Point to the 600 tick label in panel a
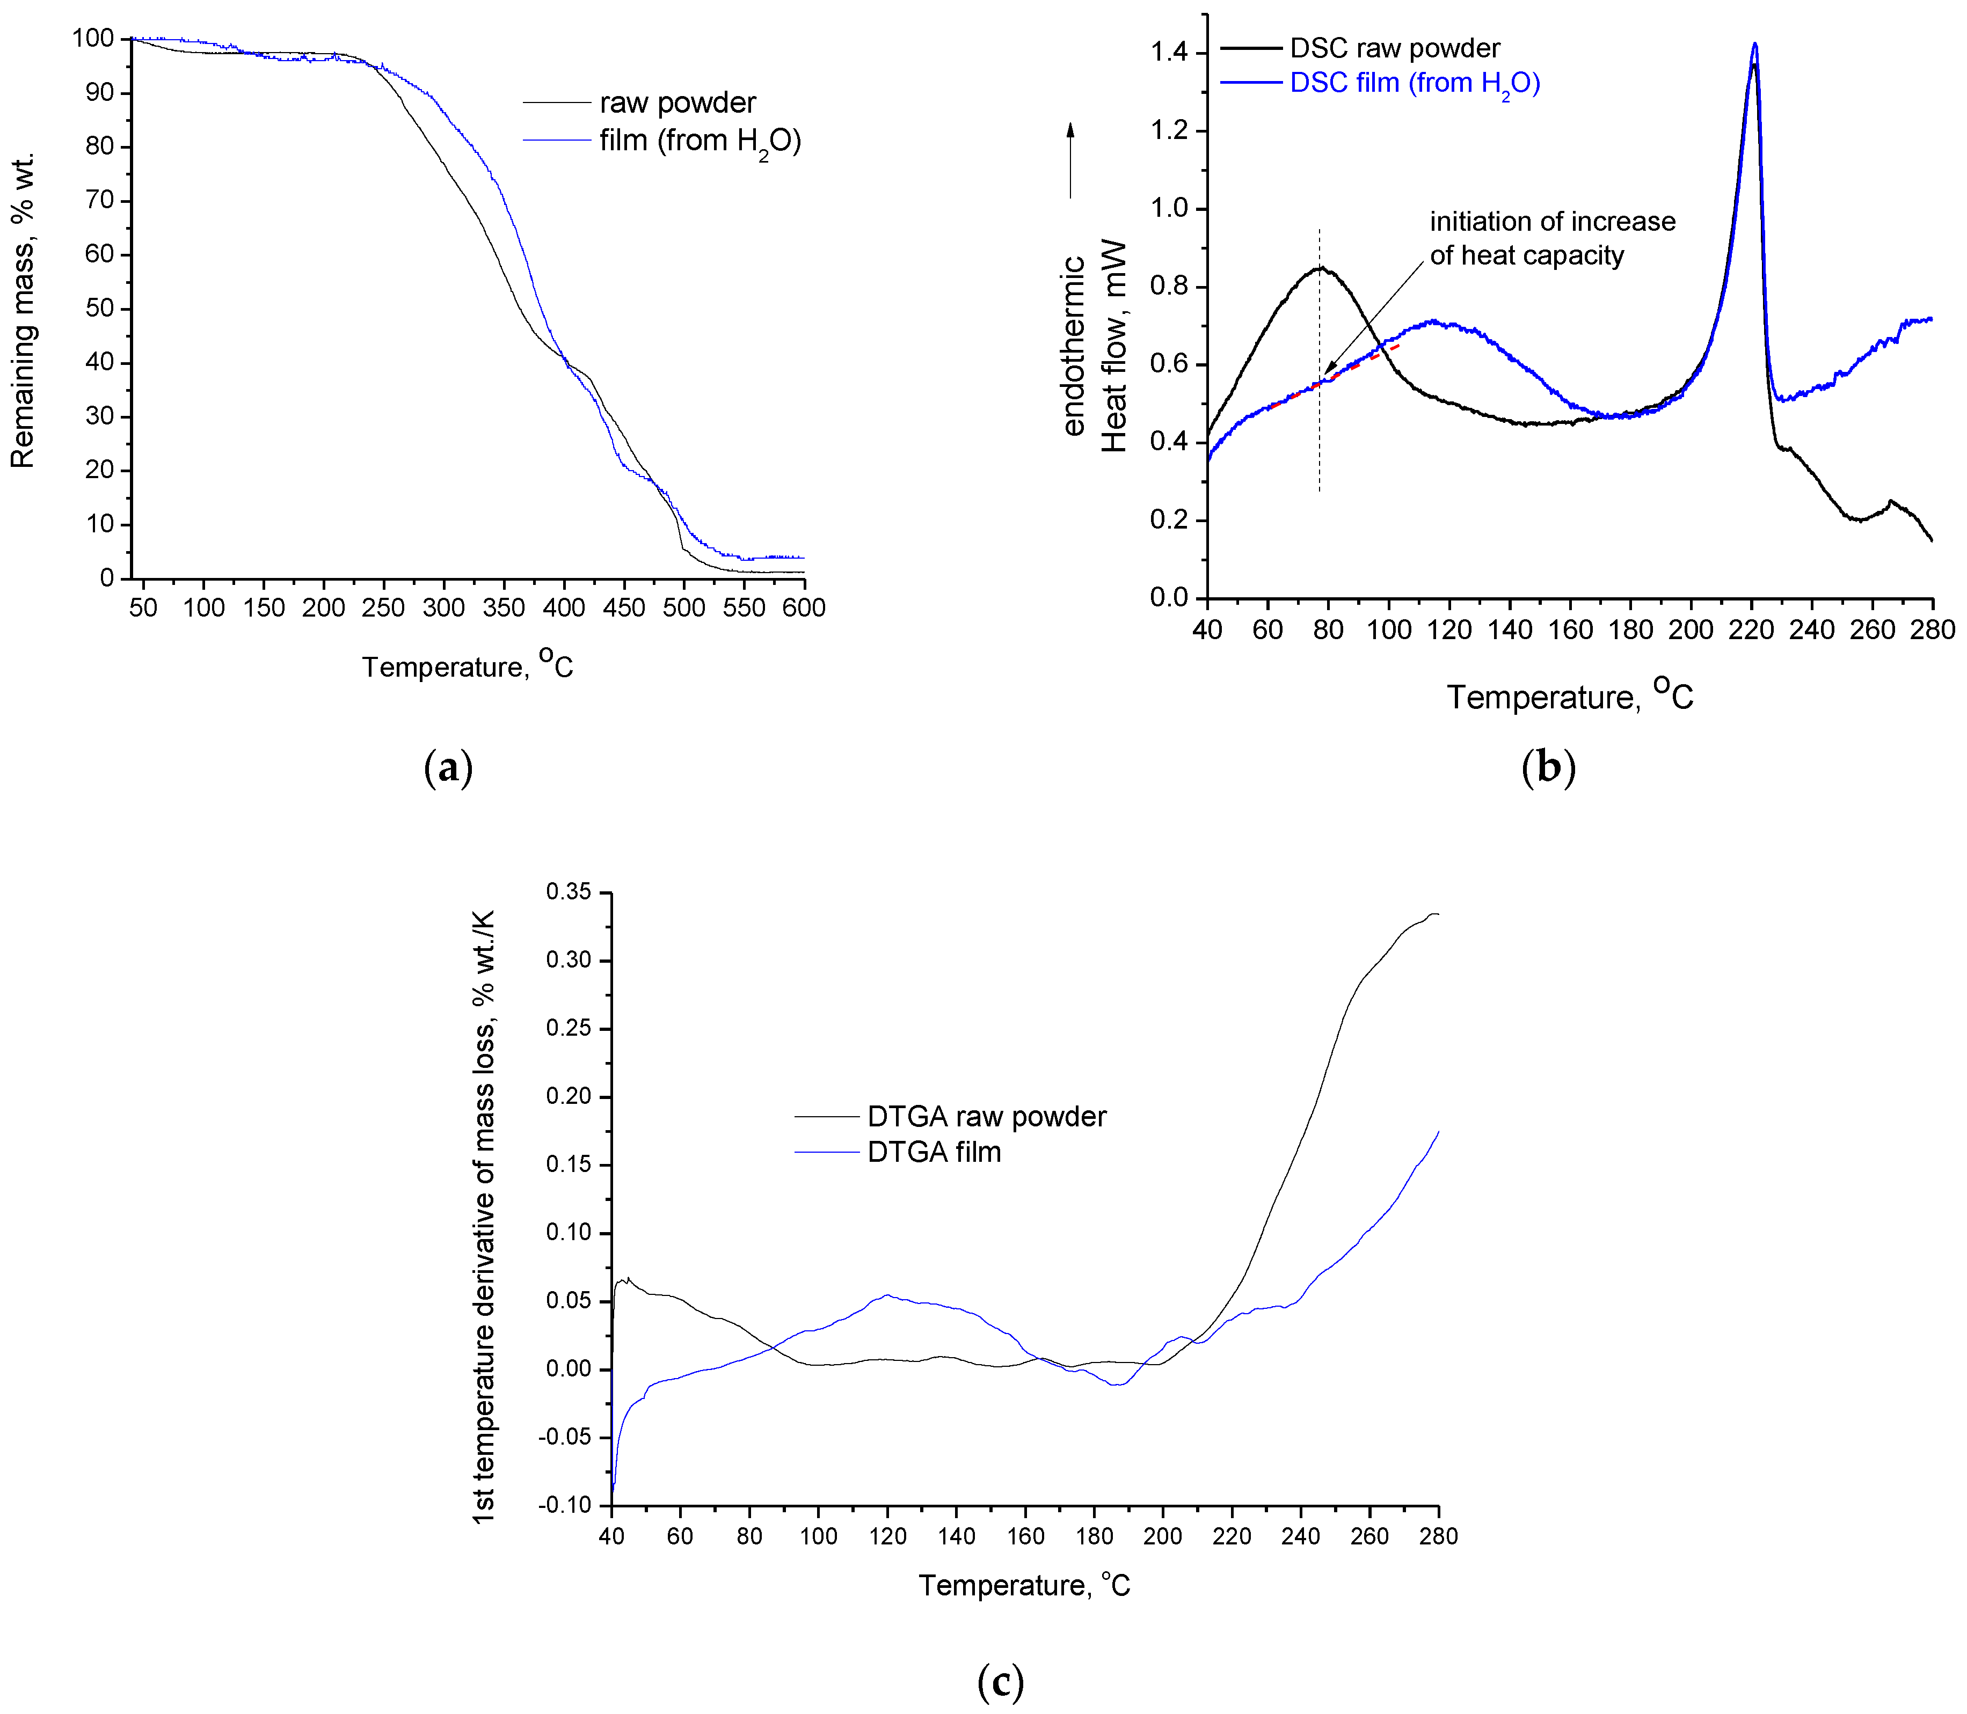(804, 607)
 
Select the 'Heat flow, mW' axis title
(1113, 345)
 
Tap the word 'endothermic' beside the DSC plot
(1074, 345)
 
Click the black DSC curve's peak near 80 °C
(1320, 268)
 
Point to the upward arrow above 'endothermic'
(1070, 160)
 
